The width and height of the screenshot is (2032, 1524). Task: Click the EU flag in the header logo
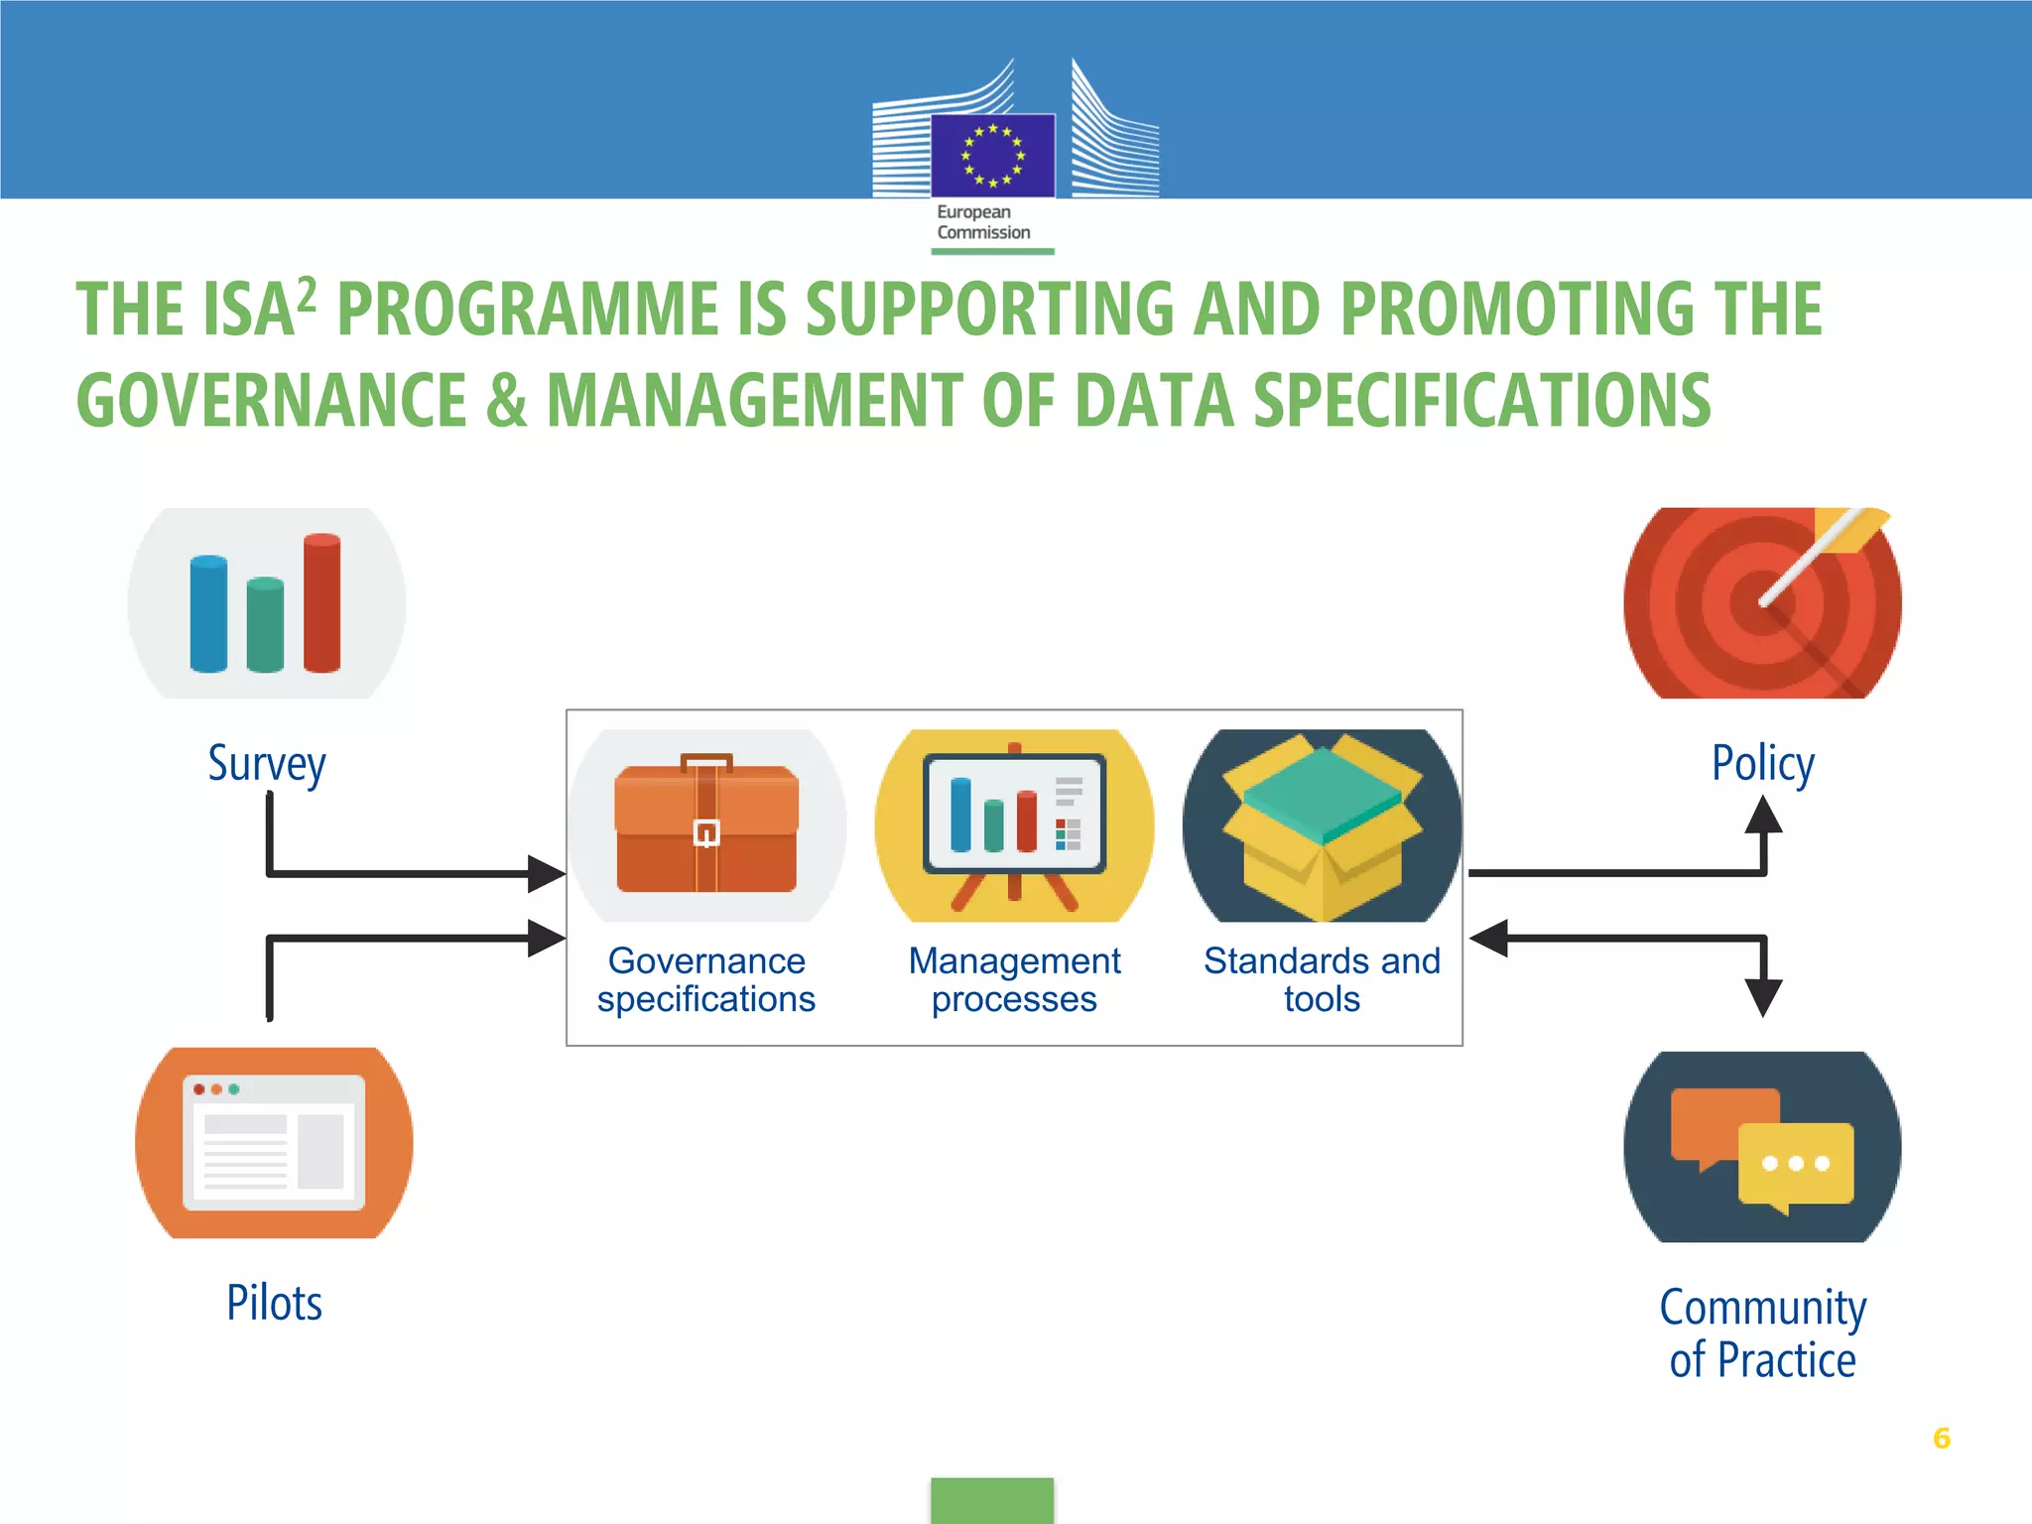pyautogui.click(x=992, y=156)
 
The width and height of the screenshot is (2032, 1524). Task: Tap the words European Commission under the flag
pyautogui.click(x=983, y=222)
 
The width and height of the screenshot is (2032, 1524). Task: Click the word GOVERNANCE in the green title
pyautogui.click(x=271, y=401)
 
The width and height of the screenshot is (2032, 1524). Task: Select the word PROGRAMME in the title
pyautogui.click(x=527, y=309)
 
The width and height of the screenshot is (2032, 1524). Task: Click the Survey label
pyautogui.click(x=267, y=764)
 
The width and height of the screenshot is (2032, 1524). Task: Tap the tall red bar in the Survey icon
pyautogui.click(x=321, y=603)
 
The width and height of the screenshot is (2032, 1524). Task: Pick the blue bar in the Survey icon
pyautogui.click(x=208, y=614)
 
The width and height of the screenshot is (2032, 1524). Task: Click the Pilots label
pyautogui.click(x=274, y=1303)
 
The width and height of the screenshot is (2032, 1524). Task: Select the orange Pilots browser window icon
pyautogui.click(x=274, y=1143)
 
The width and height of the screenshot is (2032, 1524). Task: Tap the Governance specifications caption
pyautogui.click(x=706, y=979)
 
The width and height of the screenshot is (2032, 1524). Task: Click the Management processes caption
pyautogui.click(x=1014, y=979)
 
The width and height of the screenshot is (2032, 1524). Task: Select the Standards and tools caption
pyautogui.click(x=1322, y=979)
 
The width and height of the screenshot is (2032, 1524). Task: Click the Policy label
pyautogui.click(x=1763, y=764)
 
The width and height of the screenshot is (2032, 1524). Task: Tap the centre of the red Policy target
pyautogui.click(x=1762, y=602)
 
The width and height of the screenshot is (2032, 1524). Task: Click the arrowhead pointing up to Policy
pyautogui.click(x=1763, y=816)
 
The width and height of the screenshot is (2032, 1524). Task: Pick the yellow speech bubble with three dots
pyautogui.click(x=1796, y=1164)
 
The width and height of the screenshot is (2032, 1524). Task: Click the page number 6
pyautogui.click(x=1942, y=1438)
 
